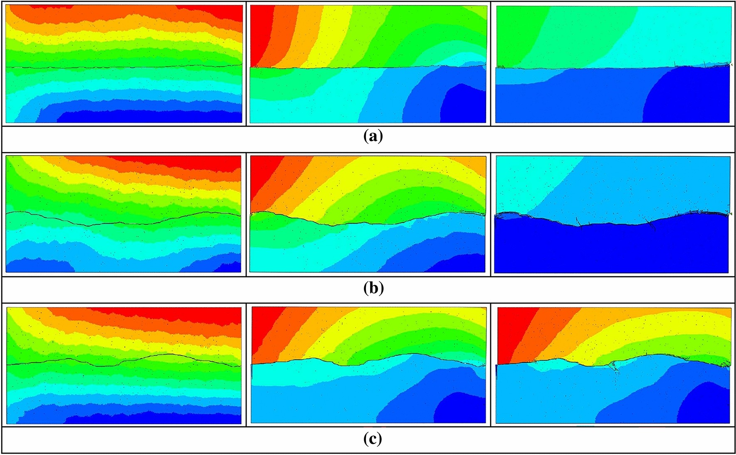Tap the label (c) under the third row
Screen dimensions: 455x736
373,439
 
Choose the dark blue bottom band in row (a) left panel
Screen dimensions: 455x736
146,117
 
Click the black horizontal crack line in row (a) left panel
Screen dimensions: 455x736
125,67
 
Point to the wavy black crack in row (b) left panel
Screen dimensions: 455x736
125,223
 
